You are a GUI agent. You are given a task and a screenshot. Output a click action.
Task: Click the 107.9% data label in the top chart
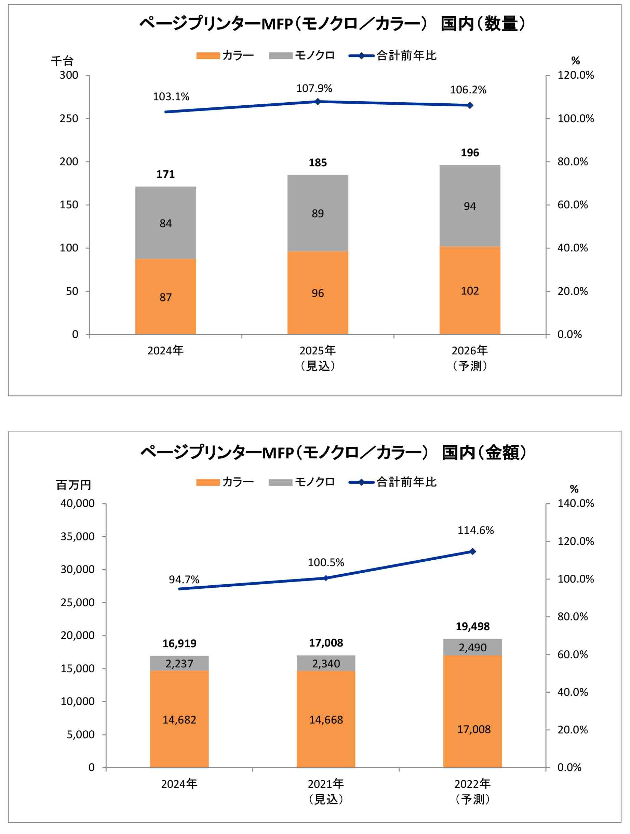click(314, 89)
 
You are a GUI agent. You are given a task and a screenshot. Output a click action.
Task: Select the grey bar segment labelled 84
click(165, 223)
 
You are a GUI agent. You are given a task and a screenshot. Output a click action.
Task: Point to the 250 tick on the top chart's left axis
click(69, 118)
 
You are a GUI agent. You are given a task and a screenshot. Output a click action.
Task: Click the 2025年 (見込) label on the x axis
click(317, 358)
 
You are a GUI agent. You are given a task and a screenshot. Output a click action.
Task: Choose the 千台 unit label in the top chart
click(62, 61)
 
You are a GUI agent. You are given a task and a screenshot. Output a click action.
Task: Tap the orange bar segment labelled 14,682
click(179, 719)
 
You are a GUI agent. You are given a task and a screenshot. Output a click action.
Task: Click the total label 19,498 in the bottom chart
click(472, 626)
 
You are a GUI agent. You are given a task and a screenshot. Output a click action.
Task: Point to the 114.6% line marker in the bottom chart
click(472, 551)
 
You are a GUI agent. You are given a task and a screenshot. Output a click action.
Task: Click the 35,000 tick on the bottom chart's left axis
click(78, 536)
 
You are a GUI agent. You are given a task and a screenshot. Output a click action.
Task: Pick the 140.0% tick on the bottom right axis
click(575, 503)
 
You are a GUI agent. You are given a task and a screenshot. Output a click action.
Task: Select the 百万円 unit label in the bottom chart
click(73, 485)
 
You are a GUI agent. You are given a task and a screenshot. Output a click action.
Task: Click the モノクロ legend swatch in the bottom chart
click(280, 482)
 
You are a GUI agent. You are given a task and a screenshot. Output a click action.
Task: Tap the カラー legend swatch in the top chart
click(207, 56)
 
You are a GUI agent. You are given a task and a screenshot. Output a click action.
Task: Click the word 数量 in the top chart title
click(501, 24)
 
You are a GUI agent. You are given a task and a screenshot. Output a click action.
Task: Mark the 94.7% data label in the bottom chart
click(184, 579)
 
